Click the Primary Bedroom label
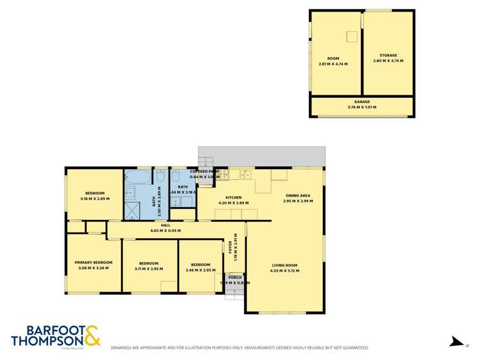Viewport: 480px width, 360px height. coord(93,263)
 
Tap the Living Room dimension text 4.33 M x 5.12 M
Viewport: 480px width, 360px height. coord(285,270)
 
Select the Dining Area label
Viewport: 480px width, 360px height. coord(297,195)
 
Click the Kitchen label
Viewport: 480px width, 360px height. coord(233,197)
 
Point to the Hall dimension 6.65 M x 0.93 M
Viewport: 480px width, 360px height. coord(165,231)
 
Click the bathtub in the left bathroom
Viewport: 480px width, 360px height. coord(138,176)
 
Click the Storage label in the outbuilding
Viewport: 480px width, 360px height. coord(388,56)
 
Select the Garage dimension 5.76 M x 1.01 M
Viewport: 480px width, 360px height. coord(362,107)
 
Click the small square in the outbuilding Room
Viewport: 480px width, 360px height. coord(352,37)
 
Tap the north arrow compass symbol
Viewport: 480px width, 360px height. coord(456,342)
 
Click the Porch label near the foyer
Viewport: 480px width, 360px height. coord(234,277)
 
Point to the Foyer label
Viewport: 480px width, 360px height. coord(229,247)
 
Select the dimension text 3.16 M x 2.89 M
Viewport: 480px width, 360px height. coord(95,199)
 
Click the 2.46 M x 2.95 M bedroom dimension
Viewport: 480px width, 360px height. coord(200,270)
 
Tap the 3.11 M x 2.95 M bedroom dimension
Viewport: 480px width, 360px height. coord(149,268)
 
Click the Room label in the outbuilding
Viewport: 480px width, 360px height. coord(333,58)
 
